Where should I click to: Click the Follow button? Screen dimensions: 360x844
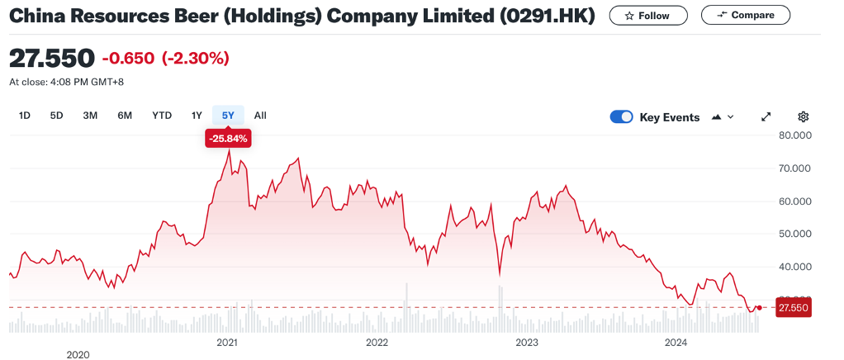tap(647, 16)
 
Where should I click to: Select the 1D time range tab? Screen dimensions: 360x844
tap(25, 116)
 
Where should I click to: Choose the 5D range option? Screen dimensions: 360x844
tap(56, 116)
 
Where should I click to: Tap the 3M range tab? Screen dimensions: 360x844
tap(90, 116)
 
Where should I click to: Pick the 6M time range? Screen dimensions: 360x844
tap(125, 116)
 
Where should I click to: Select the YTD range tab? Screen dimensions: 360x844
tap(162, 116)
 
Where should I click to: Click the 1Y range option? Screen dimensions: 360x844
tap(197, 116)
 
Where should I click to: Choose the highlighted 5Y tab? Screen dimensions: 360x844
tap(228, 116)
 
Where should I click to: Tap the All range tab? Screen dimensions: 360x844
tap(260, 116)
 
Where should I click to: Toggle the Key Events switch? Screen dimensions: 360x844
tap(621, 117)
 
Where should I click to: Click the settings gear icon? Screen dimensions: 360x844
tap(803, 117)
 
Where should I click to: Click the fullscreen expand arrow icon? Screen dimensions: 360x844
tap(766, 117)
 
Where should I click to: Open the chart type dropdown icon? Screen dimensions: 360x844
tap(722, 117)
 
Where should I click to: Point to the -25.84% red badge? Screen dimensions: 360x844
tap(228, 139)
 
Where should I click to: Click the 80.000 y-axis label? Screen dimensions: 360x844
tap(796, 135)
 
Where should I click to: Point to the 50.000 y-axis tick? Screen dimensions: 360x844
tap(796, 234)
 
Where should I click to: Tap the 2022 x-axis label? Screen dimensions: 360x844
tap(377, 342)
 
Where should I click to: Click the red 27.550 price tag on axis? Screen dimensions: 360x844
tap(794, 308)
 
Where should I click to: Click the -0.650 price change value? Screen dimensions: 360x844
tap(128, 58)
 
